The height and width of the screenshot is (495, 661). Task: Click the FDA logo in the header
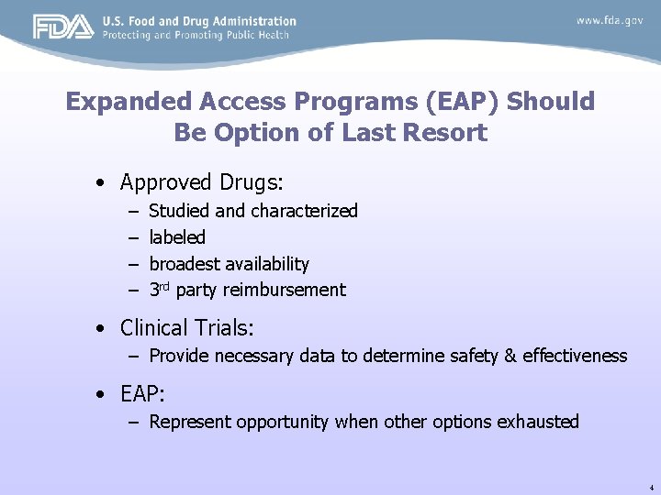coord(63,27)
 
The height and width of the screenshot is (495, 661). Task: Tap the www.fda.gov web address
coord(610,20)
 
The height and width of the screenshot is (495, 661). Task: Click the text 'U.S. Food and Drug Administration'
coord(199,20)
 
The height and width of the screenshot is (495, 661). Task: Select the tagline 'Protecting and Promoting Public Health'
coord(196,35)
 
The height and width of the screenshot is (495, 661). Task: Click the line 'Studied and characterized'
coord(252,211)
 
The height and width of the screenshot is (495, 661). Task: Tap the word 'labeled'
coord(177,237)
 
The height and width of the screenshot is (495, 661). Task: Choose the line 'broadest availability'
coord(229,264)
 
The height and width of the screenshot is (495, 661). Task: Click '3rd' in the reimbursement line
coord(160,290)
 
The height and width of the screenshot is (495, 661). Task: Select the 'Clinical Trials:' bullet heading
coord(186,327)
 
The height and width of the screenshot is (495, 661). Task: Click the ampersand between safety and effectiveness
coord(510,356)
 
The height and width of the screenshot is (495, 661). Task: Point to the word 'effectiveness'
coord(575,356)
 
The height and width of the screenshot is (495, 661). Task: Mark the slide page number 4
coord(650,486)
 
